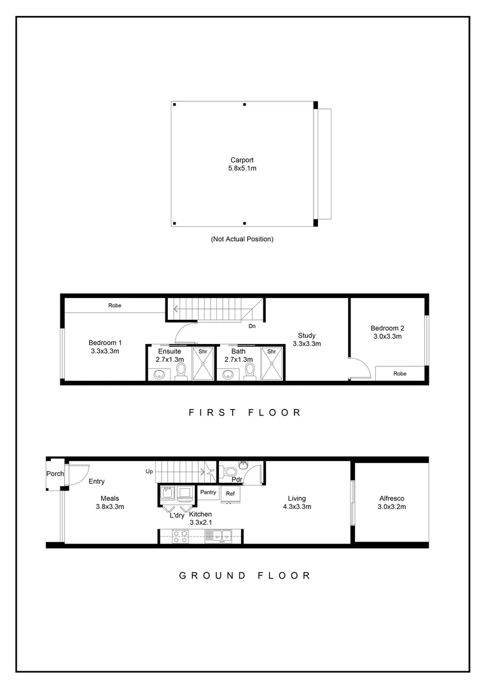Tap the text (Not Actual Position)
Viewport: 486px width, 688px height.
point(242,239)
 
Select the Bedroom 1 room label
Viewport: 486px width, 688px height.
point(105,347)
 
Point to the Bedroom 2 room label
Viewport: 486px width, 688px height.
point(387,332)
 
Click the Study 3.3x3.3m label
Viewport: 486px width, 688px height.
point(307,340)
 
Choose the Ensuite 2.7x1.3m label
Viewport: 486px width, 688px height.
point(169,355)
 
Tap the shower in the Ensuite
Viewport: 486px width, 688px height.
point(203,364)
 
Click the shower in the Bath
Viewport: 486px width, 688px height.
point(272,364)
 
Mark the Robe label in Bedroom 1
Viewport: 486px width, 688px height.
point(115,306)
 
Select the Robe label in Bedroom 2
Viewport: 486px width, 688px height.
point(399,374)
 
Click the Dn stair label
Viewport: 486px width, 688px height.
point(252,326)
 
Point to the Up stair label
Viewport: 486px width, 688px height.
point(149,472)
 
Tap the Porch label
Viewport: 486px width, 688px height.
point(55,474)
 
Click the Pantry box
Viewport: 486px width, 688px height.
point(208,492)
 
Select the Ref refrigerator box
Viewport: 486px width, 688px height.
point(230,493)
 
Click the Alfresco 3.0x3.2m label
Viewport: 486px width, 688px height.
point(392,503)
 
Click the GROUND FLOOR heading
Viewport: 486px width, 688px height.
point(244,575)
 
